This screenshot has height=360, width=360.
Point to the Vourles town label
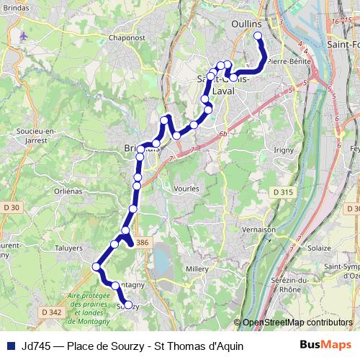186,188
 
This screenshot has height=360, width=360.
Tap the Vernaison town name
259,229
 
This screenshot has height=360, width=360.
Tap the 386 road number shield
143,242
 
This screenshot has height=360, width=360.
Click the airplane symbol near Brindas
25,35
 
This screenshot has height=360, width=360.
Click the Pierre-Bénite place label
287,62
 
